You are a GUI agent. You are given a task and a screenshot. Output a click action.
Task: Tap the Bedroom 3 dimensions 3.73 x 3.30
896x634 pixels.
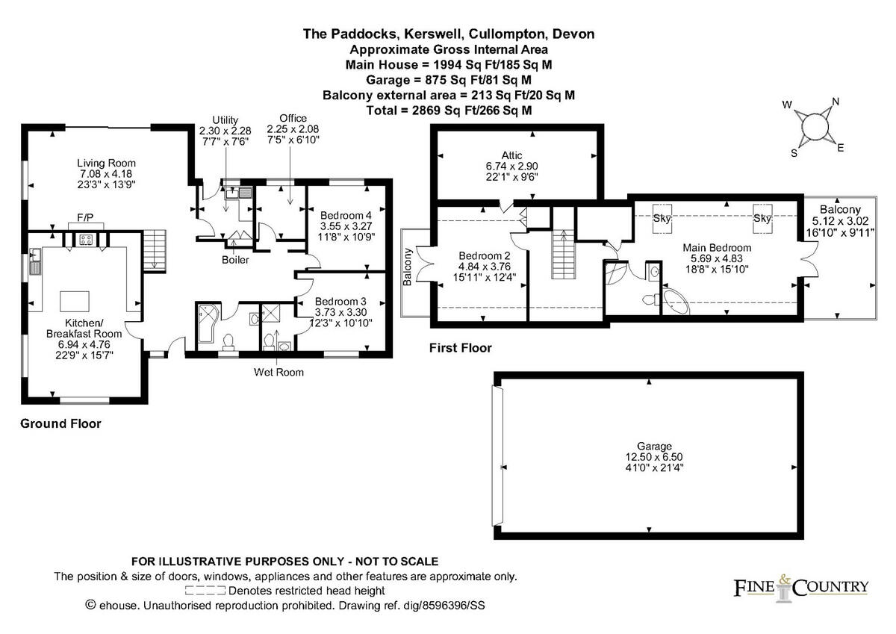click(x=340, y=312)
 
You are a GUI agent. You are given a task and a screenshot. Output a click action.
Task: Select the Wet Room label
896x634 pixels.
click(x=279, y=371)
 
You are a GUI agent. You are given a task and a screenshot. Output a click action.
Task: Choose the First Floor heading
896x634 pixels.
click(x=460, y=348)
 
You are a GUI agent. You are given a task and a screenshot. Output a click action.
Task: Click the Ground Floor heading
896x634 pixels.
click(x=60, y=423)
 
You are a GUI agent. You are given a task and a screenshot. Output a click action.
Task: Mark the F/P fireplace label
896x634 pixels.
click(x=85, y=218)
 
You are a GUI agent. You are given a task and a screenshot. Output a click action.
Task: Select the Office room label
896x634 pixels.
click(x=293, y=119)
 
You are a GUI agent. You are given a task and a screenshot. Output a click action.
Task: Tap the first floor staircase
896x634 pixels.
click(x=563, y=253)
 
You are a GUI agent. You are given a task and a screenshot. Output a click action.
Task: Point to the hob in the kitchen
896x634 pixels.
click(x=86, y=240)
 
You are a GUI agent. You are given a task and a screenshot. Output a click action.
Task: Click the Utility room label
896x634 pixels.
click(x=225, y=119)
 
